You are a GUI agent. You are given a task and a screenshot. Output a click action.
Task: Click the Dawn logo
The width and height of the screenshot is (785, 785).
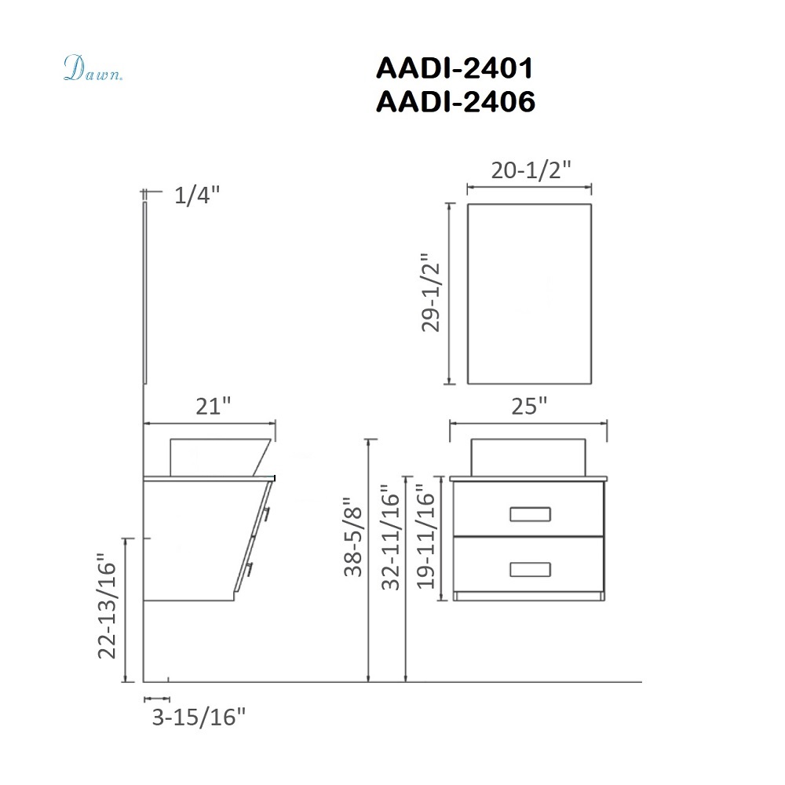pos(93,68)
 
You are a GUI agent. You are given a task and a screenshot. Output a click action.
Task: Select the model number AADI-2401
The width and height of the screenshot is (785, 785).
pos(455,68)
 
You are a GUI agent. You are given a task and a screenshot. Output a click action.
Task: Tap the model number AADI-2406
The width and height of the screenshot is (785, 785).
pos(455,101)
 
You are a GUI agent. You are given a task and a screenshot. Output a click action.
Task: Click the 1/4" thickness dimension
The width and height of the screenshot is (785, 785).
pos(197,195)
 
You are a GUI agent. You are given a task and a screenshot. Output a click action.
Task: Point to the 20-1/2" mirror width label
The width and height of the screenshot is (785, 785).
pos(531,170)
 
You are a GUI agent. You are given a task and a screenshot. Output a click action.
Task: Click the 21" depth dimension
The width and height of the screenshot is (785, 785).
pos(214,406)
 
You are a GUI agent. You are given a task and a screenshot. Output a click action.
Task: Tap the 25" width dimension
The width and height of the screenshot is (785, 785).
pos(529,406)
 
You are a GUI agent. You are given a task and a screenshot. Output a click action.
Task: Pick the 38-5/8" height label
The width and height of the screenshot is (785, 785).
pos(353,536)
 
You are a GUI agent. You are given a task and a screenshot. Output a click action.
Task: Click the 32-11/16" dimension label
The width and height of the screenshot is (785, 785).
pos(391,537)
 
